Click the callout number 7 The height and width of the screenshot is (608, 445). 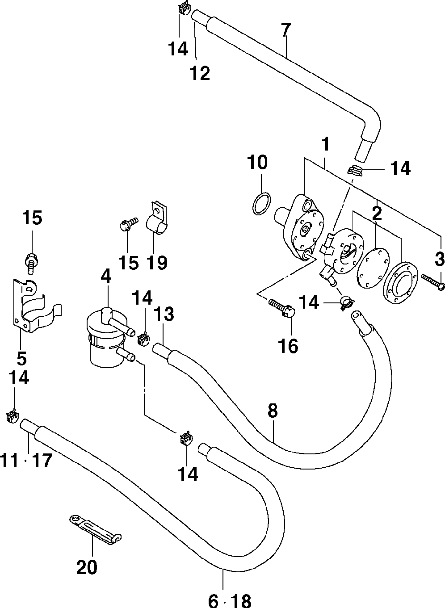[x=286, y=32]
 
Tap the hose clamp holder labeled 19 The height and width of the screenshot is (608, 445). [x=157, y=219]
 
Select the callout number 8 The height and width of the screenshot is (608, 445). [x=273, y=411]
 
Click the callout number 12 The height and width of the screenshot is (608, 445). [x=200, y=73]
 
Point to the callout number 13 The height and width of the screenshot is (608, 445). [x=164, y=314]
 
